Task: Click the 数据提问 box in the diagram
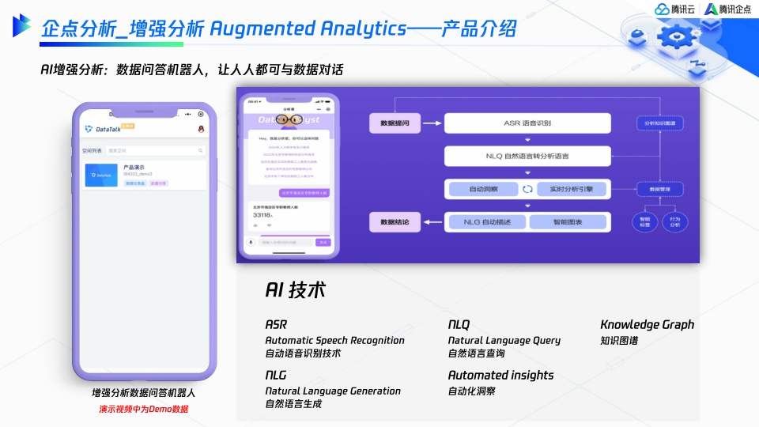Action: tap(395, 123)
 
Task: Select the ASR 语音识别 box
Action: tap(527, 123)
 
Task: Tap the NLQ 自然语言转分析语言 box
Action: tap(527, 157)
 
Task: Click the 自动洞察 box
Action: tap(482, 189)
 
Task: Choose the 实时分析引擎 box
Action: tap(571, 189)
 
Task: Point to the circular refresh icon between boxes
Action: tap(527, 189)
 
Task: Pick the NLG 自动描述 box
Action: tap(485, 222)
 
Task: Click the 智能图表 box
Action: tap(569, 222)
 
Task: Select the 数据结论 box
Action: tap(395, 222)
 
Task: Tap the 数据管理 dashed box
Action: tap(659, 189)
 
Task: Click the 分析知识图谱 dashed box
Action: tap(659, 123)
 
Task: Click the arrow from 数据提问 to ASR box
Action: tap(432, 123)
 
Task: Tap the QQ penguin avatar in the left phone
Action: tap(201, 128)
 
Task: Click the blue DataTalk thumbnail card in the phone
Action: tap(101, 176)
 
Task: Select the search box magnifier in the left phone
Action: tap(201, 150)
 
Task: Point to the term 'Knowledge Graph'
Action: tap(647, 324)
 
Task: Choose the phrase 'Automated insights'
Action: tap(500, 375)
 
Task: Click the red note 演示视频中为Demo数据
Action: tap(143, 409)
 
